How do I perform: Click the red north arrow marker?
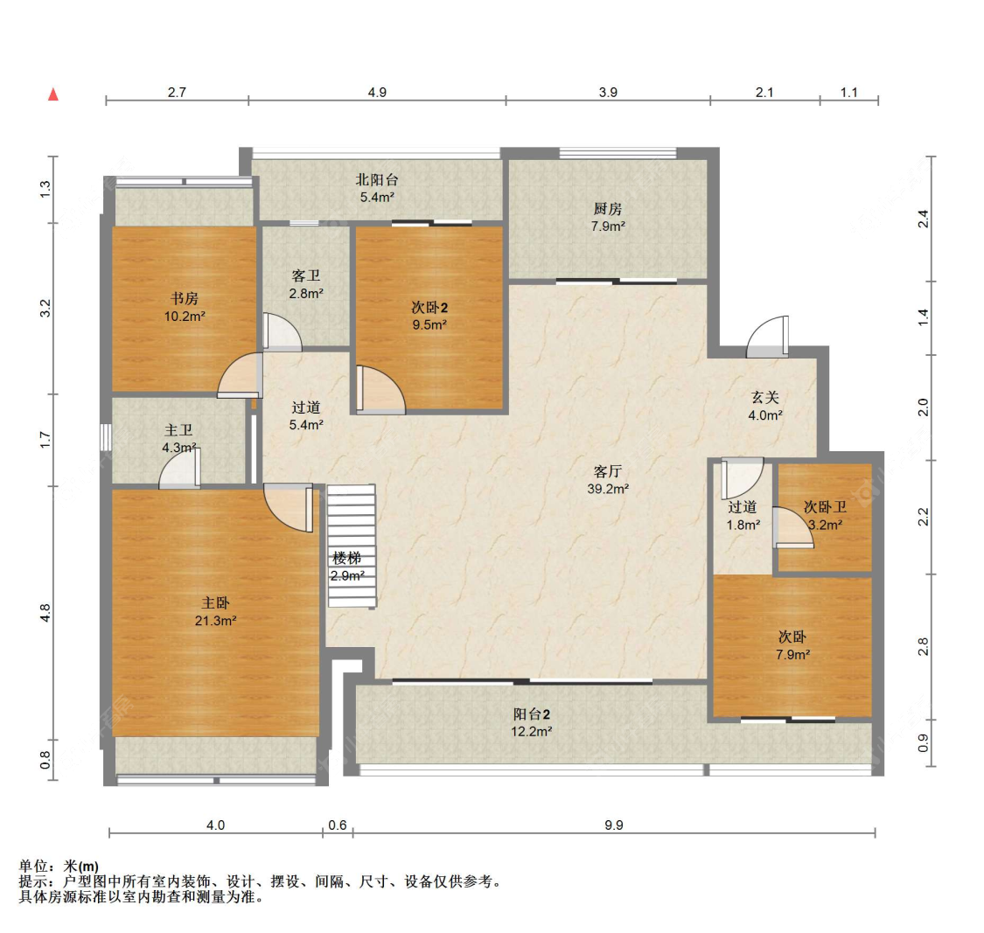pyautogui.click(x=53, y=94)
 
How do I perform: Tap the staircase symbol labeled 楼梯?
pyautogui.click(x=352, y=546)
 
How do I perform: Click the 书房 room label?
pyautogui.click(x=185, y=299)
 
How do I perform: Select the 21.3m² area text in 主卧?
pyautogui.click(x=215, y=621)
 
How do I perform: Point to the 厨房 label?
pyautogui.click(x=608, y=209)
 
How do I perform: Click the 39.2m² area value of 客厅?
pyautogui.click(x=608, y=489)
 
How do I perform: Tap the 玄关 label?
pyautogui.click(x=765, y=397)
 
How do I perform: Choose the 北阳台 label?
pyautogui.click(x=376, y=180)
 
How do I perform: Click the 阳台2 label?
pyautogui.click(x=532, y=714)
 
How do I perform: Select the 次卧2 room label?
pyautogui.click(x=429, y=308)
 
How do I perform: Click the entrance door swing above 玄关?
pyautogui.click(x=767, y=337)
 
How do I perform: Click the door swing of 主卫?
pyautogui.click(x=179, y=468)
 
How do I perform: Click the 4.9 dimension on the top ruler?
pyautogui.click(x=377, y=92)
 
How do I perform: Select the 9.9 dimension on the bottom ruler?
pyautogui.click(x=614, y=825)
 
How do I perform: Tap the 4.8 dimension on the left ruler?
pyautogui.click(x=45, y=613)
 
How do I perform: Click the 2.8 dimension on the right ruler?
pyautogui.click(x=923, y=646)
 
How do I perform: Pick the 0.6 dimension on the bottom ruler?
pyautogui.click(x=338, y=825)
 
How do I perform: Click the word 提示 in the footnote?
pyautogui.click(x=33, y=881)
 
